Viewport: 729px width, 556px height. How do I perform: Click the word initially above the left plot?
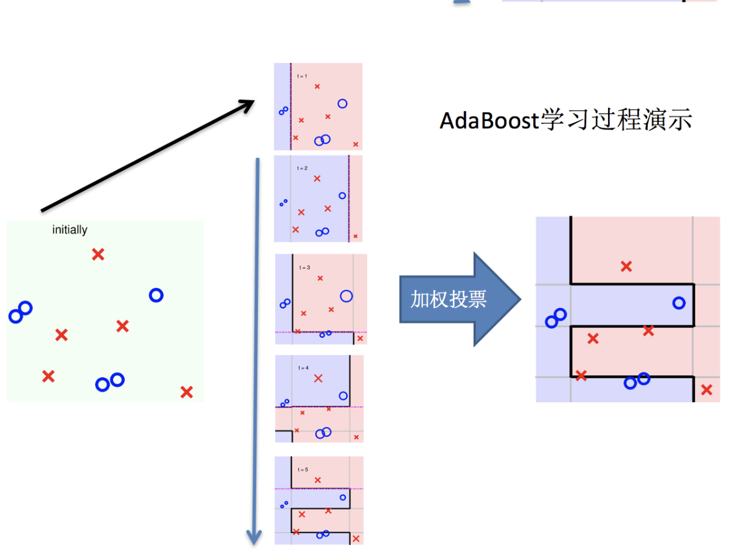[x=70, y=230]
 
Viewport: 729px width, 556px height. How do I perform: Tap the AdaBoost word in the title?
[x=489, y=120]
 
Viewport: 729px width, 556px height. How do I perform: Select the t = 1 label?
[x=302, y=76]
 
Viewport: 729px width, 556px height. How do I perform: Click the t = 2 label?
[x=302, y=168]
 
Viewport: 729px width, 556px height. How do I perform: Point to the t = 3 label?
[x=304, y=268]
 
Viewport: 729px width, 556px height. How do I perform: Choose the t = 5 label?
[x=303, y=469]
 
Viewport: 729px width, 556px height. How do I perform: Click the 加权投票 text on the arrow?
[x=448, y=299]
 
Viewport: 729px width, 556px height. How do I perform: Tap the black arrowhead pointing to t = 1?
[x=247, y=105]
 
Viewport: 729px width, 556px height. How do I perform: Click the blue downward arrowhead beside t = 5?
[x=254, y=537]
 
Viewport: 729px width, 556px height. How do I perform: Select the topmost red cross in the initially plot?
[x=98, y=254]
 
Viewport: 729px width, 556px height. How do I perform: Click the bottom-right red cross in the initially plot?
[x=186, y=392]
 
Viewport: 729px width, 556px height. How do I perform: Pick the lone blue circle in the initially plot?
[x=156, y=295]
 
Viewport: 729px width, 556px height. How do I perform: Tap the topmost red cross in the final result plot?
[x=626, y=266]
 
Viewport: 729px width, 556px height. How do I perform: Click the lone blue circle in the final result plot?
[x=678, y=302]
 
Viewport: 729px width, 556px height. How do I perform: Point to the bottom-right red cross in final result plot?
[x=706, y=389]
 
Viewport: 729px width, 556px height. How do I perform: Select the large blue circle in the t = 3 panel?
[x=346, y=296]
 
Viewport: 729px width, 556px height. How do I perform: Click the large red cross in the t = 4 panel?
[x=318, y=378]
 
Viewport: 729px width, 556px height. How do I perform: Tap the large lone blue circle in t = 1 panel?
[x=342, y=103]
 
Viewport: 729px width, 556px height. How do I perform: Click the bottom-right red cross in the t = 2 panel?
[x=356, y=236]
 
